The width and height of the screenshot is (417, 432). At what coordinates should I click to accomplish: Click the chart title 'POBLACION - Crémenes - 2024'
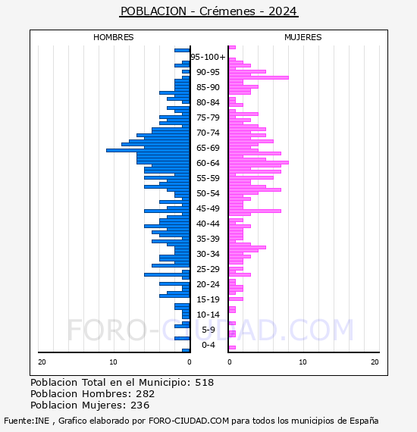coord(208,11)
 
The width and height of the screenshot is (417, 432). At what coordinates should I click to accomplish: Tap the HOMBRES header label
coord(113,37)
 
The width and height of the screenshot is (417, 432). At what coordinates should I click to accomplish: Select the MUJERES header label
coord(303,37)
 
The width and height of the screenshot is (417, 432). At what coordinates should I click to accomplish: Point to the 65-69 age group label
coord(208,148)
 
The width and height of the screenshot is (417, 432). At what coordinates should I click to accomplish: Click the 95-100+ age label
coord(208,57)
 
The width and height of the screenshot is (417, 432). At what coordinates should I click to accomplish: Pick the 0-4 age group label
coord(208,345)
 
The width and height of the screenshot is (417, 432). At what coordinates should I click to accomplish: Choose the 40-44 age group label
coord(208,224)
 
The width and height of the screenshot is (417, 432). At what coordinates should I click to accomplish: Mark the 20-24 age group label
coord(208,284)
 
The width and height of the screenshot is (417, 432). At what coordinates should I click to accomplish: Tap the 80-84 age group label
coord(208,102)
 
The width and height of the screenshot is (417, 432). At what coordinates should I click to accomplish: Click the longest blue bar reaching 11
coord(148,150)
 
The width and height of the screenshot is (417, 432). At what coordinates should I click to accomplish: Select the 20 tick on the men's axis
coord(42,362)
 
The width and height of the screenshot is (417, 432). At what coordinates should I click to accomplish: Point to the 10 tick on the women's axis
coord(303,362)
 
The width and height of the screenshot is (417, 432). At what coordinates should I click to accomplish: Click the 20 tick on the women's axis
coord(375,362)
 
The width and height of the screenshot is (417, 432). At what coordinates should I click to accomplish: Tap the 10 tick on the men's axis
coord(113,362)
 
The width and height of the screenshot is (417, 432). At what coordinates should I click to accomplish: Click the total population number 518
coord(204,383)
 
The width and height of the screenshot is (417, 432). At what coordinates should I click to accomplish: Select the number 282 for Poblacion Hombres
coord(146,394)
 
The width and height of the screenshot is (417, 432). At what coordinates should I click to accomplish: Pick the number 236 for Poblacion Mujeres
coord(140,405)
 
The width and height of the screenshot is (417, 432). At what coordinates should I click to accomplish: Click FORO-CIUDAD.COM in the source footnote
coord(189,421)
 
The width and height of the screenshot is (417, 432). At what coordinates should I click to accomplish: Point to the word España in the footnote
coord(364,421)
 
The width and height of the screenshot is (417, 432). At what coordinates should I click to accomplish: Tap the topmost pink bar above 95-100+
coord(232,48)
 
